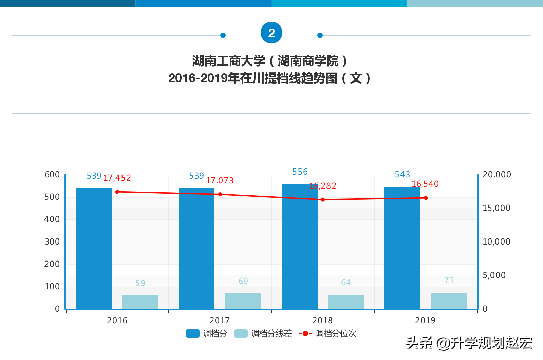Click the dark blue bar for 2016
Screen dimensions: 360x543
[x=94, y=249]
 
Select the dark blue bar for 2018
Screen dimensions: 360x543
[x=300, y=247]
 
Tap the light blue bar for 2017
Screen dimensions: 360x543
[x=243, y=301]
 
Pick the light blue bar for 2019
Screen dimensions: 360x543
[x=449, y=301]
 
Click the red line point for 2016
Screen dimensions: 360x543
[x=117, y=192]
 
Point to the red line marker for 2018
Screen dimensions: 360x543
[x=323, y=200]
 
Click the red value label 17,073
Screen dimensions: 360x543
[x=220, y=181]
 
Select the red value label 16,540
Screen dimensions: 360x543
[x=425, y=184]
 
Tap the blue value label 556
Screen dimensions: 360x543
[x=300, y=172]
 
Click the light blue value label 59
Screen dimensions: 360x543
[x=140, y=283]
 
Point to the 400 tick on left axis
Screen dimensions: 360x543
[x=52, y=219]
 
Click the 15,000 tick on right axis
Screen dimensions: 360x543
[x=496, y=208]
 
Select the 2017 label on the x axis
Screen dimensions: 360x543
[x=220, y=320]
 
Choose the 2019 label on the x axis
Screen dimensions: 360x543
[x=425, y=320]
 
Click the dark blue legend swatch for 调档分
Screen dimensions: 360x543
[x=192, y=334]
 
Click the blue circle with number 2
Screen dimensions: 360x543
[x=271, y=33]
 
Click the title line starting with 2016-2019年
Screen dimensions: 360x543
[x=270, y=78]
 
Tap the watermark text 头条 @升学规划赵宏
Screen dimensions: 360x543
[x=469, y=343]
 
